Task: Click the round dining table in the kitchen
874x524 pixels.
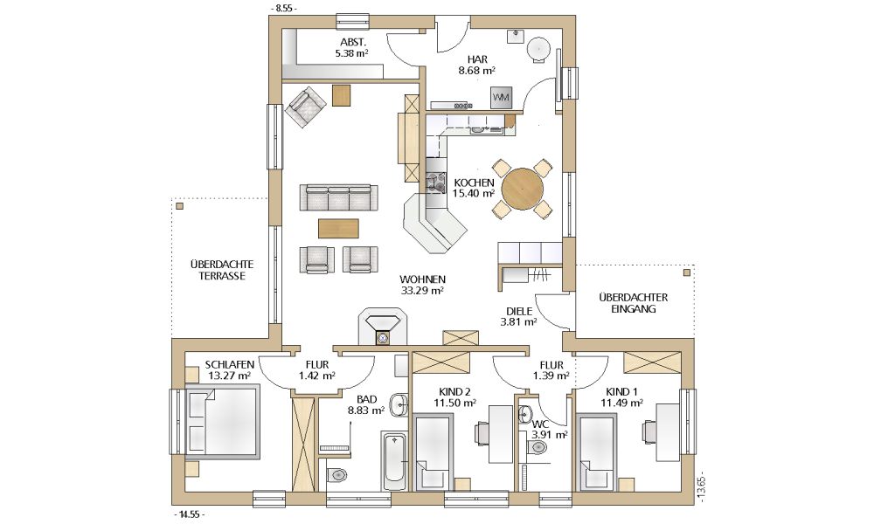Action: tap(523, 190)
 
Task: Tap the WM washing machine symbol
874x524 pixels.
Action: tap(501, 98)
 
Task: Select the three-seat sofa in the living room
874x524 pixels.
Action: tap(338, 197)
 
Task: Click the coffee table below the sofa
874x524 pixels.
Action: tap(338, 228)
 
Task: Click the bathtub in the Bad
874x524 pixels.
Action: tap(395, 460)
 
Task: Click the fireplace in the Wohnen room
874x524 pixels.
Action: tap(383, 327)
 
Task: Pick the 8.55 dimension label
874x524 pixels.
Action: tap(283, 9)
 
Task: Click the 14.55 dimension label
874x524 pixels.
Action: tap(189, 514)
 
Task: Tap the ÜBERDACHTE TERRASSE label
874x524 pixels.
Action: tap(222, 270)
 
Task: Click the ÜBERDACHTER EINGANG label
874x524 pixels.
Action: tap(633, 303)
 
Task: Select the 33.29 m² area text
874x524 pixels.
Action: tap(422, 290)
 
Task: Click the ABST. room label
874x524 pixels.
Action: tap(353, 42)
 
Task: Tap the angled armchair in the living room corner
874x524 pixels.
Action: tap(305, 107)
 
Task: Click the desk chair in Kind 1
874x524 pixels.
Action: tap(650, 431)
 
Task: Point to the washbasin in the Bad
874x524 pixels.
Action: tap(399, 405)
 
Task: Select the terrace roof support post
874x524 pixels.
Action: tap(179, 206)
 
